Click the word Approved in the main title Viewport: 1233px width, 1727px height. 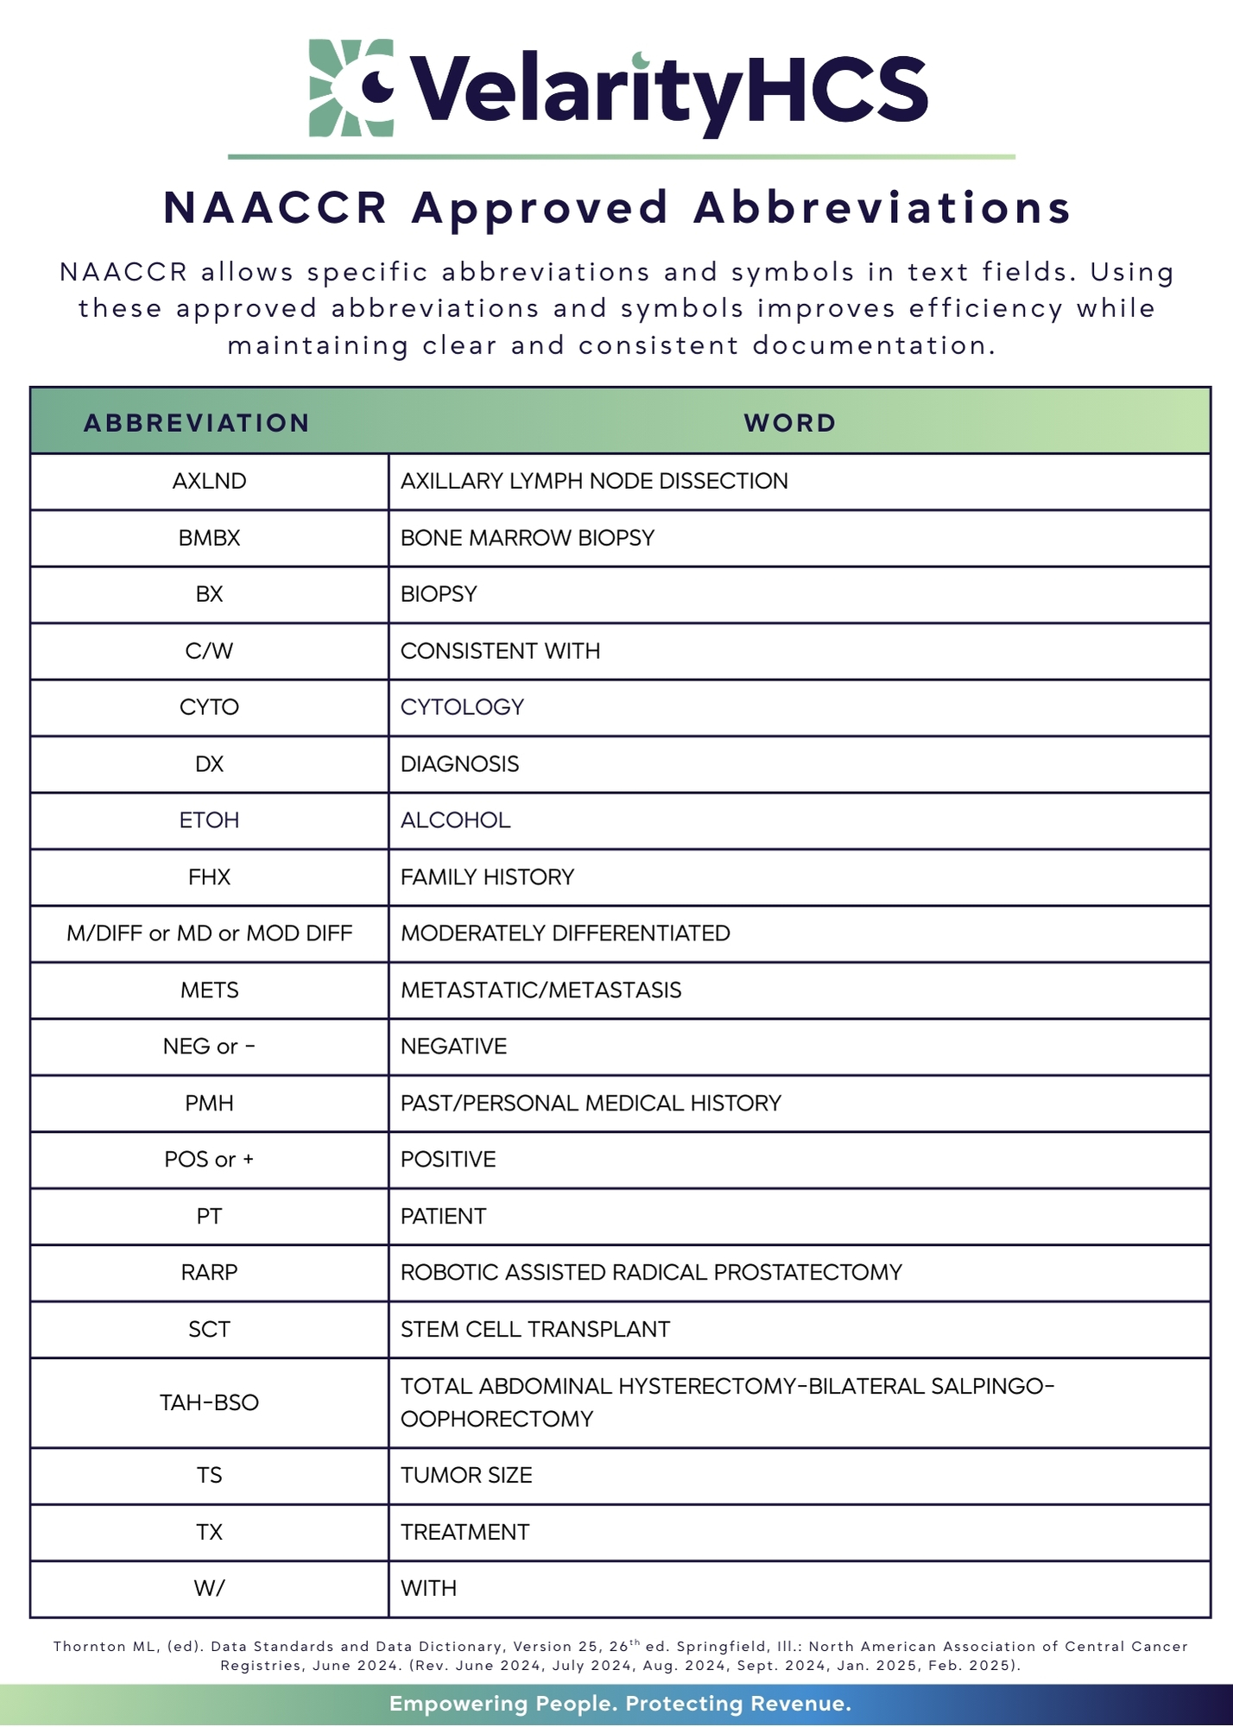click(x=540, y=208)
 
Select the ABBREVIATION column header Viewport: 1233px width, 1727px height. click(x=197, y=423)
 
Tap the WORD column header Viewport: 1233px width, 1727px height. click(x=790, y=423)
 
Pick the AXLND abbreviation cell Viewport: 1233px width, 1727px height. click(x=209, y=481)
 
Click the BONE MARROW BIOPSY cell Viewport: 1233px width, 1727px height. click(x=528, y=538)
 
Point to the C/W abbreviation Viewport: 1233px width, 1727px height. click(x=209, y=651)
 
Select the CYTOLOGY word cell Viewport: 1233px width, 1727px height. click(x=462, y=707)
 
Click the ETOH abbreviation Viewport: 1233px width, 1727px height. click(x=209, y=820)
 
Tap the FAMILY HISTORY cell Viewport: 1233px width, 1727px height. click(x=487, y=877)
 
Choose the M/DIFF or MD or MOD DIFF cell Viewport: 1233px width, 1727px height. click(x=209, y=933)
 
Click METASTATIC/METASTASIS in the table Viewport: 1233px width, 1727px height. click(x=541, y=990)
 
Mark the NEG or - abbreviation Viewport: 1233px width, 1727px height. click(x=209, y=1047)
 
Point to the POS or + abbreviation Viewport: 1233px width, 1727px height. click(x=209, y=1160)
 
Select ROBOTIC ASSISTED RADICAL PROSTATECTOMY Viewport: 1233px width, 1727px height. click(x=651, y=1273)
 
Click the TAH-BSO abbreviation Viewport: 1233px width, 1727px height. click(x=209, y=1402)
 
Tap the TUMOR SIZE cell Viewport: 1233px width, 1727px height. click(x=466, y=1476)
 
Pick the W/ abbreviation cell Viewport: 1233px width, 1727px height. click(x=209, y=1589)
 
